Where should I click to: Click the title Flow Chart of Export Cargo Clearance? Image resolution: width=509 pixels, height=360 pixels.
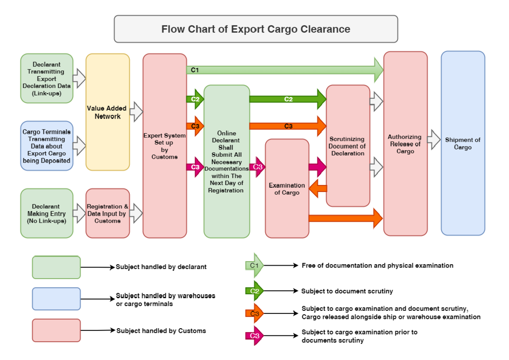tap(256, 29)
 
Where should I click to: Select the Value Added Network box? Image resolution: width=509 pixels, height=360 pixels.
tap(108, 112)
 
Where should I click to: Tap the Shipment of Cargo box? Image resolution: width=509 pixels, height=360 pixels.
tap(463, 143)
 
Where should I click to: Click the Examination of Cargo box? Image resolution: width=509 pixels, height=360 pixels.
tap(287, 189)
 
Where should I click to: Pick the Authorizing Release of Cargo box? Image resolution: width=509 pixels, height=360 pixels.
tap(405, 144)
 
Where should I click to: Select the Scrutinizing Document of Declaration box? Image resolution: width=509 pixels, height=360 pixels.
tap(348, 146)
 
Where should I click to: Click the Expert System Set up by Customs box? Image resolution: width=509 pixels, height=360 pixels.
tap(165, 146)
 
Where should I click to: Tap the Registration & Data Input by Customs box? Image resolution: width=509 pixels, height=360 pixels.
tap(108, 213)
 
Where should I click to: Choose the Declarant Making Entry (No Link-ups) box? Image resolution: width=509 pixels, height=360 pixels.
tap(47, 213)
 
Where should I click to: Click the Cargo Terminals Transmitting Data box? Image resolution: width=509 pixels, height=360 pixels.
tap(47, 146)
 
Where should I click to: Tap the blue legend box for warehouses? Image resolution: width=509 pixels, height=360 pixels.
tap(56, 299)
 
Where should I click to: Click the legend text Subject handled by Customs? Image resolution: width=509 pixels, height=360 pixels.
tap(161, 331)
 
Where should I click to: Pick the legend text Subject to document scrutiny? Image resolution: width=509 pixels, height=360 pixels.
tap(347, 291)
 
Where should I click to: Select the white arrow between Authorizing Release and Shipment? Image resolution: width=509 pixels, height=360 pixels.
tap(434, 140)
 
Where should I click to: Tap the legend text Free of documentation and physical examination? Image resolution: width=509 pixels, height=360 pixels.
tap(378, 265)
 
